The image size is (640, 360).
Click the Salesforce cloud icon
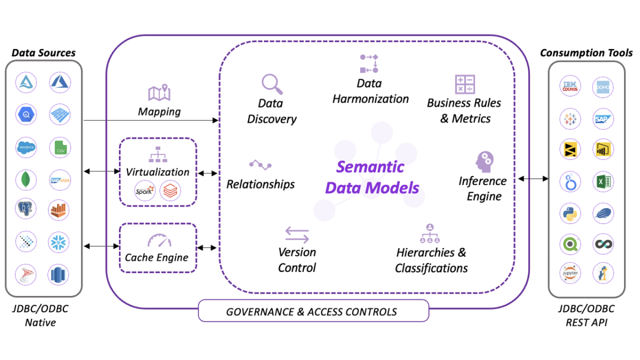tap(27, 147)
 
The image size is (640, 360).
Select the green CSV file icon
tap(60, 147)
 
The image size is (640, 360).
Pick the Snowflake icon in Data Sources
tap(60, 243)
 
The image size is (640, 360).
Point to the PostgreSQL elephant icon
tap(27, 211)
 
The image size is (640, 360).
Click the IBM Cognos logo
tap(570, 86)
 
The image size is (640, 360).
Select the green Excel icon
tap(603, 182)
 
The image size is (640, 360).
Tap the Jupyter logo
tap(570, 273)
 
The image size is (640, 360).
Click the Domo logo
tap(603, 86)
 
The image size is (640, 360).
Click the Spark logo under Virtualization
tap(145, 191)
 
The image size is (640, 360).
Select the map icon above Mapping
tap(159, 93)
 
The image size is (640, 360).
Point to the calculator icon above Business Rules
tap(465, 84)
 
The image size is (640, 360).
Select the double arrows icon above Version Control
tap(297, 235)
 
